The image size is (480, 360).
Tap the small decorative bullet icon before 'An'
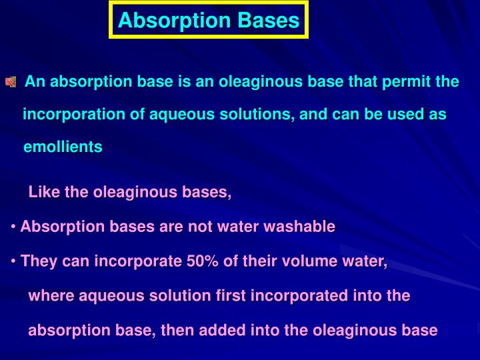11,83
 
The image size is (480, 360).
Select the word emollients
63,147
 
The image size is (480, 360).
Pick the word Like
44,193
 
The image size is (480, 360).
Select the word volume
299,261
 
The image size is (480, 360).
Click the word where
51,295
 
